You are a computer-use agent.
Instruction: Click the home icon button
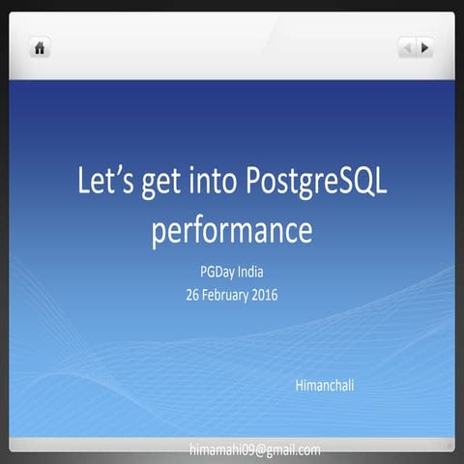(x=40, y=47)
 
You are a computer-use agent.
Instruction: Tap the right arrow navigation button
(x=424, y=46)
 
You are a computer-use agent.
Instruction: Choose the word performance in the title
(x=232, y=233)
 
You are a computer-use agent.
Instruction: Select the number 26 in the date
(x=193, y=295)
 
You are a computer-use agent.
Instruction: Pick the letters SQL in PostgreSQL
(x=365, y=184)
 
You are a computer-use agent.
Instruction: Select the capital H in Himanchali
(x=299, y=386)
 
